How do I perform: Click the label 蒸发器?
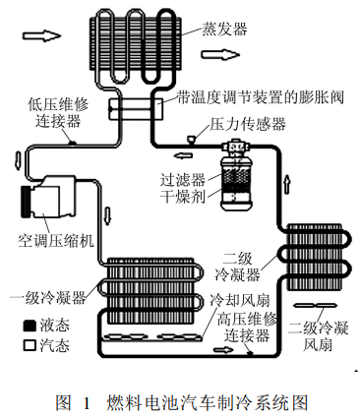pos(224,29)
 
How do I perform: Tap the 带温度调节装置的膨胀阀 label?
pos(261,97)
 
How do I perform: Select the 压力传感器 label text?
pos(248,124)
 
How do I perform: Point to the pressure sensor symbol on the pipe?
pos(191,139)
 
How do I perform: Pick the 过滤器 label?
pos(183,179)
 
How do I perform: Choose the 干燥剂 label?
pos(183,197)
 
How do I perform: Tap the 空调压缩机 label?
pos(56,241)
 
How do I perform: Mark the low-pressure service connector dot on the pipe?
pos(73,143)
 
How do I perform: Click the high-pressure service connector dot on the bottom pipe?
pos(250,353)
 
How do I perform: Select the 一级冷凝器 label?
pos(48,298)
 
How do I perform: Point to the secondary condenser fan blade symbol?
pos(316,306)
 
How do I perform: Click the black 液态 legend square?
pos(30,326)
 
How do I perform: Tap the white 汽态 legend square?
pos(30,345)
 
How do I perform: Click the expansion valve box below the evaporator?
pos(136,109)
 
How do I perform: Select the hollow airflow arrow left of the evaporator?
pos(42,35)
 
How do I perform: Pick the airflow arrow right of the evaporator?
pos(220,54)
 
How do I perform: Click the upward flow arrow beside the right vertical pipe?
pos(287,185)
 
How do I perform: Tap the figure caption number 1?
pos(87,403)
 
